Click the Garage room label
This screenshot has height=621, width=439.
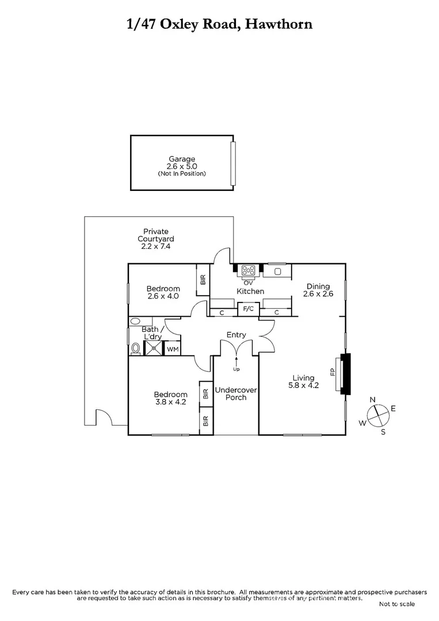[182, 159]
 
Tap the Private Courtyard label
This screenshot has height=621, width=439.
[156, 235]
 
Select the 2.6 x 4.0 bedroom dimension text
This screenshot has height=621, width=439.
[163, 297]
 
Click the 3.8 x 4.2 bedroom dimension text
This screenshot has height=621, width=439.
[170, 402]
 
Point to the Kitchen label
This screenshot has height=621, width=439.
[251, 292]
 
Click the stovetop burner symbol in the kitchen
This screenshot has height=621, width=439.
[249, 270]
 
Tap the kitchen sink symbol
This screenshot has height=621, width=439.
[277, 270]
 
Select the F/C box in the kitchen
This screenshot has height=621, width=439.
[249, 309]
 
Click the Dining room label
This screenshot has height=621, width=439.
[318, 286]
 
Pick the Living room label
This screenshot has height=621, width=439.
[304, 378]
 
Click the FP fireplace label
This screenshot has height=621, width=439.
[333, 372]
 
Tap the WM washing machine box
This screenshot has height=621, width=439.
[172, 348]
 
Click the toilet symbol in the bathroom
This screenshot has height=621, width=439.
[136, 348]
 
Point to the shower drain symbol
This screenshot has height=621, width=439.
[154, 348]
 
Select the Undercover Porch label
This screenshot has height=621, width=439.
[236, 393]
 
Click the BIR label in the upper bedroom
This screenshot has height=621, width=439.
[203, 281]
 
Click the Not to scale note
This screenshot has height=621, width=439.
[396, 604]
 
